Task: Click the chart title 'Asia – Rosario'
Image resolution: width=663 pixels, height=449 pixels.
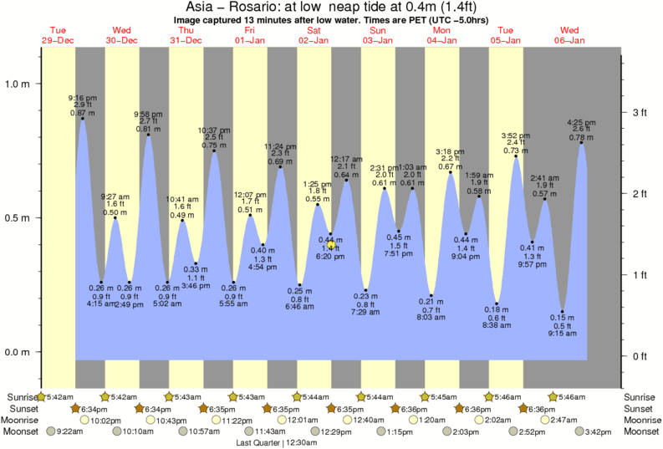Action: coord(242,8)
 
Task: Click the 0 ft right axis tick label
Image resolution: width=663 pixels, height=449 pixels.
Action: coord(640,356)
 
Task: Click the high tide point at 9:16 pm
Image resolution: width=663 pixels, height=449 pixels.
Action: coord(83,119)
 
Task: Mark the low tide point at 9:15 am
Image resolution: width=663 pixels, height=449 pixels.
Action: coord(563,312)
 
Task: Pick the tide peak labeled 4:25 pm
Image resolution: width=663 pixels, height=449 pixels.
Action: coord(581,143)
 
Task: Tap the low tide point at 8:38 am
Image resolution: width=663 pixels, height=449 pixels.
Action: coord(497,304)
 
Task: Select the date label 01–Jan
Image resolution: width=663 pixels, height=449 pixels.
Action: coord(250,40)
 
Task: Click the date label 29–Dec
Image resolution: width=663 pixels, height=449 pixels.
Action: coord(58,40)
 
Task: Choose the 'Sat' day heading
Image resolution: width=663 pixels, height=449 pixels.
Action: coord(314,31)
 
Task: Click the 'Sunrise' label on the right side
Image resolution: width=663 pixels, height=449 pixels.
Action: coord(641,396)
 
